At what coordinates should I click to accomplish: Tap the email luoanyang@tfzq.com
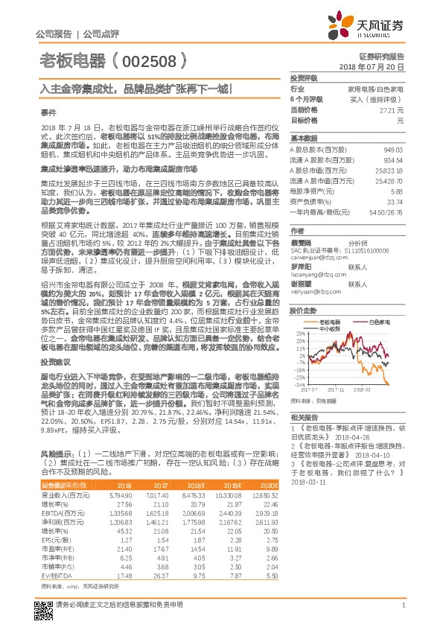pyautogui.click(x=313, y=273)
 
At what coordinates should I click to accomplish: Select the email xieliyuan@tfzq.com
pyautogui.click(x=312, y=293)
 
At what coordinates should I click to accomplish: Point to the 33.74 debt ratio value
pyautogui.click(x=394, y=201)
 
